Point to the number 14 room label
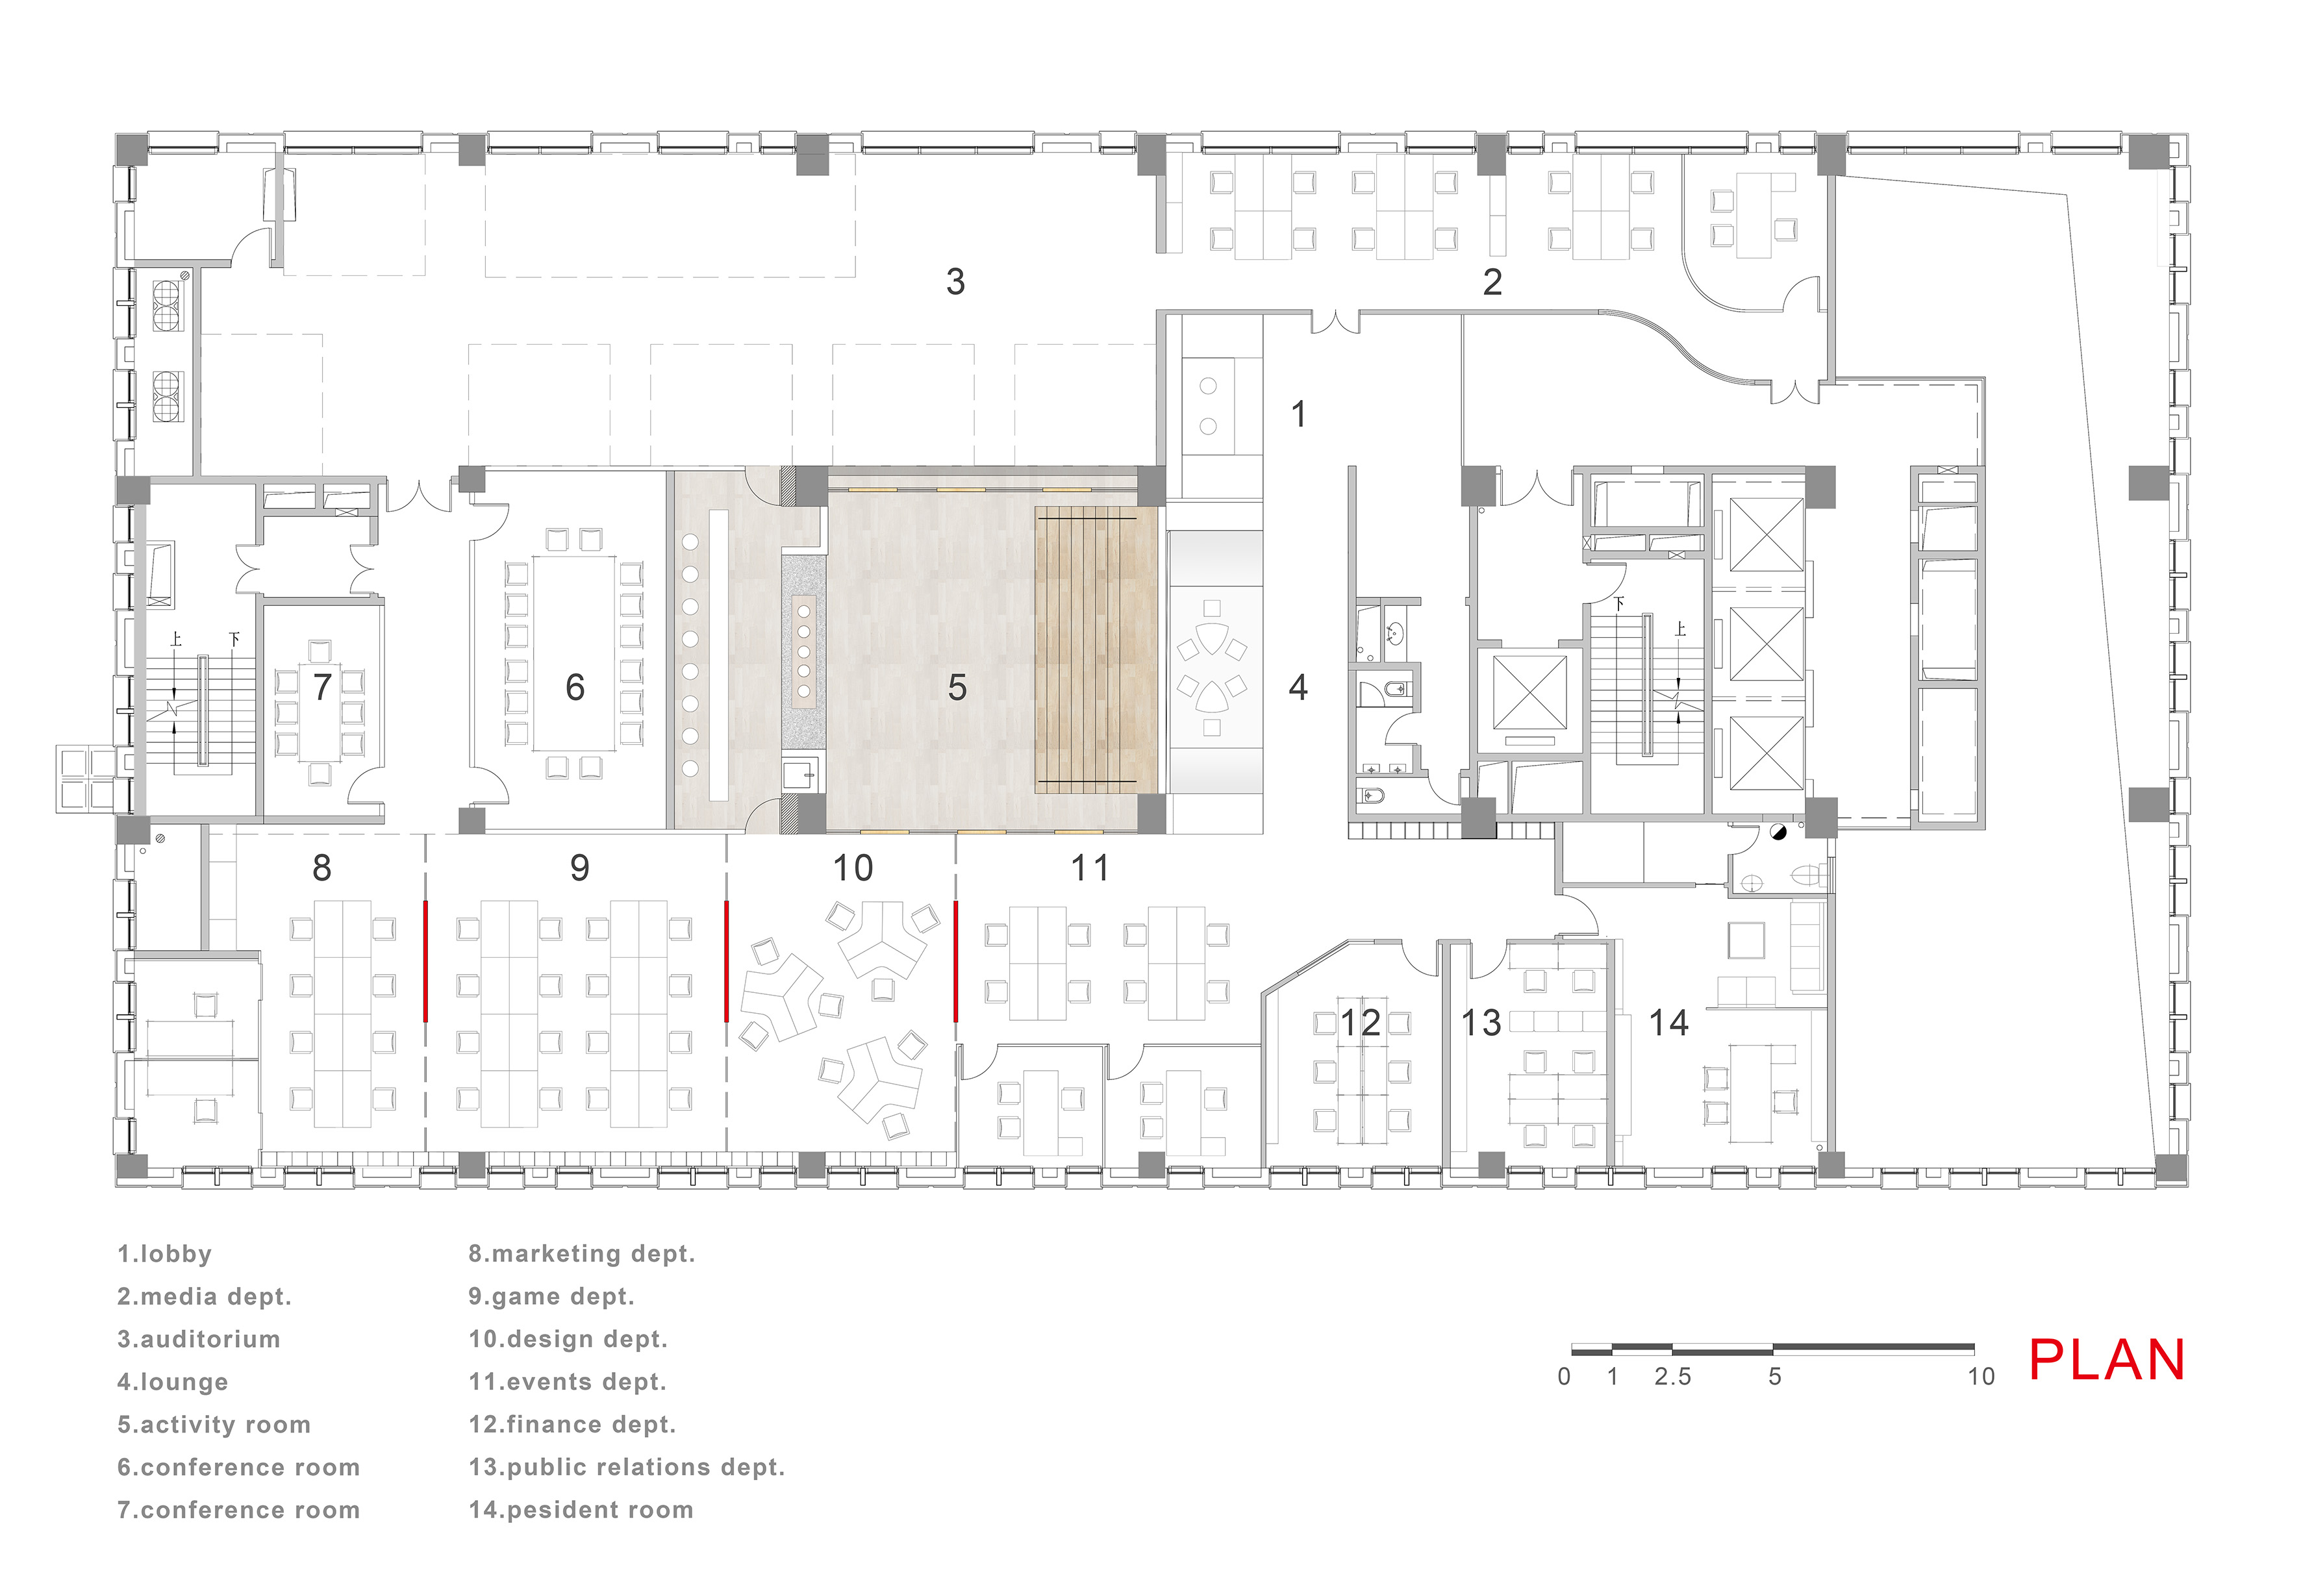tap(1668, 1022)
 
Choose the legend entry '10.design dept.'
tap(568, 1340)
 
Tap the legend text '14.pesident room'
tap(581, 1510)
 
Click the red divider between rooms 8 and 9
tap(426, 961)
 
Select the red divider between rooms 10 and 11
tap(957, 961)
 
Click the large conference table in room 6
tap(574, 653)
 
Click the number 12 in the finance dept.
tap(1360, 1022)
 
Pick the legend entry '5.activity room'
tap(214, 1425)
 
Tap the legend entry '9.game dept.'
tap(551, 1297)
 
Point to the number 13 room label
tap(1481, 1022)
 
